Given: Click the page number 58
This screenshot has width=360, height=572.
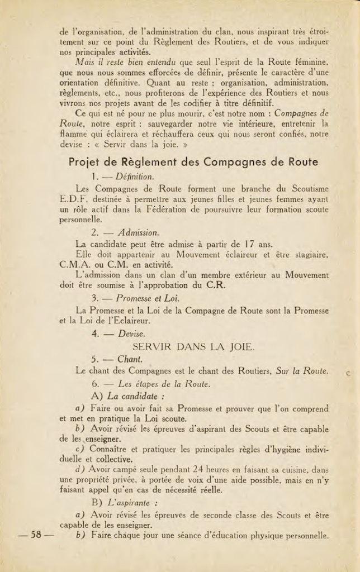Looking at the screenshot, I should click(36, 535).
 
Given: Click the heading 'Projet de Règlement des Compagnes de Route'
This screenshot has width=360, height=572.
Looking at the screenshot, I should click(193, 162).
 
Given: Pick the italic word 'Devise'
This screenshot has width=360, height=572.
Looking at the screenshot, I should click(131, 333).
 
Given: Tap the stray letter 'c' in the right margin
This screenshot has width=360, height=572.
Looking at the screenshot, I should click(348, 372).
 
